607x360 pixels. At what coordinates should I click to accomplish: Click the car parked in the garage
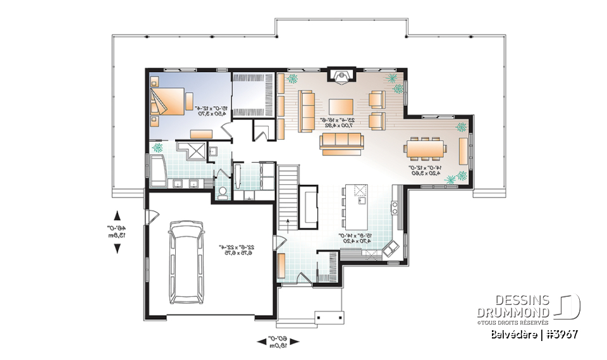187,261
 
